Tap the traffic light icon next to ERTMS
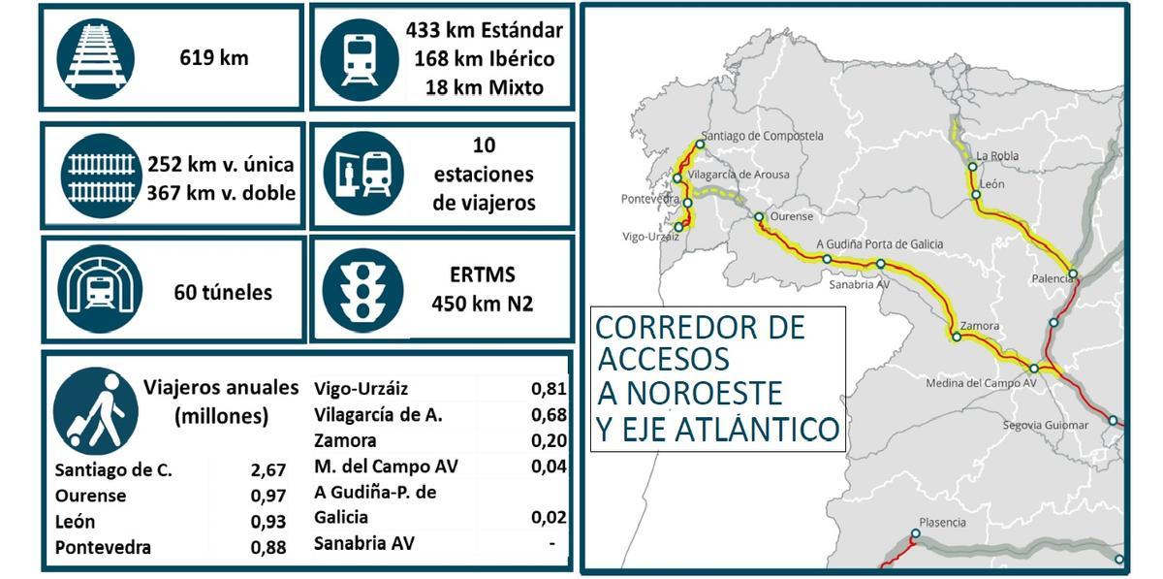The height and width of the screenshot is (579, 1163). [363, 290]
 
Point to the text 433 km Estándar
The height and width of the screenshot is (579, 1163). [484, 30]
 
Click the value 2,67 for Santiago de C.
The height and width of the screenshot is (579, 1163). [268, 470]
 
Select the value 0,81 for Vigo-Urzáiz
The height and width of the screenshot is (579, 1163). [549, 390]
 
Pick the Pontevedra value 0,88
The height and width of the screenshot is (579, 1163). [268, 547]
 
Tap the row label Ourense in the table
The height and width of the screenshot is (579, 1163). [90, 496]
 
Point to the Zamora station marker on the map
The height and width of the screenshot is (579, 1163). [957, 338]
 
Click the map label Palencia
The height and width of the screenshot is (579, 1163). [1052, 277]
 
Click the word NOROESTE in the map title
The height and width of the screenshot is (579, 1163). [704, 394]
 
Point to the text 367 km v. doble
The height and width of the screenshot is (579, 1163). [221, 192]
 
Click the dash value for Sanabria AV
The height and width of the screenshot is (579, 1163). [552, 543]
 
